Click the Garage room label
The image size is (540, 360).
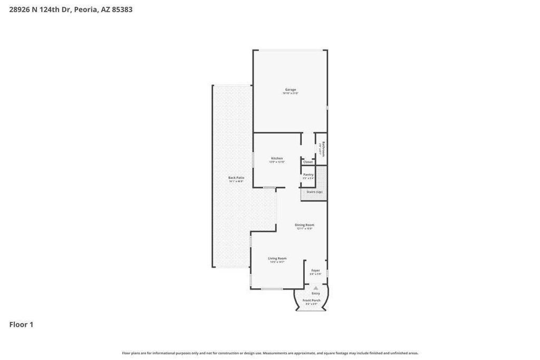coord(291,90)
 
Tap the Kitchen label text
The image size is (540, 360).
coord(277,158)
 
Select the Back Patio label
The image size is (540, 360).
coord(236,178)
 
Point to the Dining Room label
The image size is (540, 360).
coord(304,225)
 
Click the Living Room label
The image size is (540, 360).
coord(277,258)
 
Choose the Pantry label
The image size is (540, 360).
coord(308,174)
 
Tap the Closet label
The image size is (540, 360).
coord(308,162)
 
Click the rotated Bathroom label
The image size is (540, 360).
coord(323,149)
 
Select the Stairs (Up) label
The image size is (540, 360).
coord(314,192)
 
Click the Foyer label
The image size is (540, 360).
coord(315,270)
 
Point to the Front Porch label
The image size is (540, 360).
coord(312,300)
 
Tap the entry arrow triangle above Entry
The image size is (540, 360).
coord(316,288)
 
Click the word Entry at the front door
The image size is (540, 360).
coord(316,294)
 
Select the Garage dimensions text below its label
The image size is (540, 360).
coord(291,93)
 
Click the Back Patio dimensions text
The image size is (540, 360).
coord(236,181)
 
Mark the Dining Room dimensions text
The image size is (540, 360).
coord(304,229)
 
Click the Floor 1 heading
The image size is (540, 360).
coord(21,325)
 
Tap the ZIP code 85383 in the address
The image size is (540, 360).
coord(122,9)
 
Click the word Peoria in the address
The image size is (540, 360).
coord(85,9)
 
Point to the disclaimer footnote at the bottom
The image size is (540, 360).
coord(270,353)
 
